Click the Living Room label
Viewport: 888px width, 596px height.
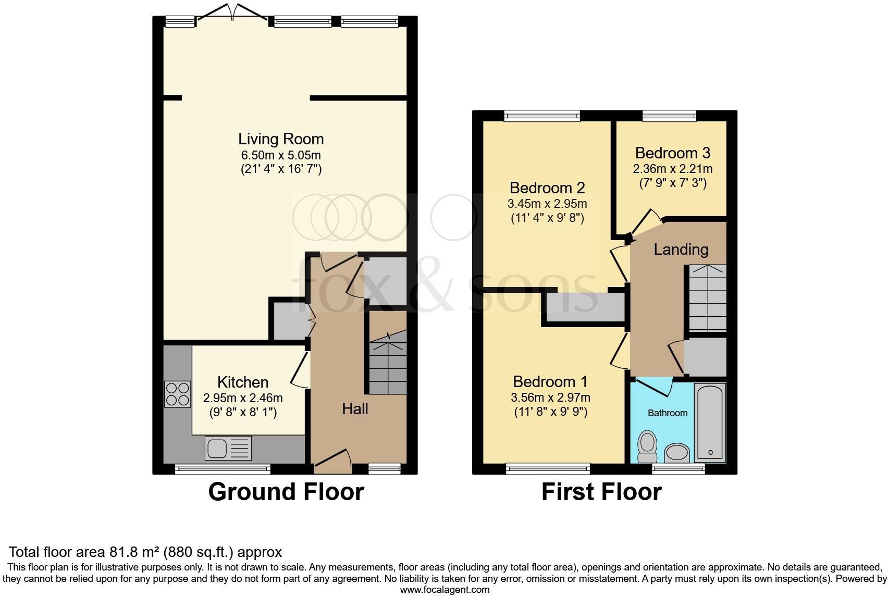click(x=281, y=139)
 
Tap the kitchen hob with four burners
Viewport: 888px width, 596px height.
click(x=177, y=394)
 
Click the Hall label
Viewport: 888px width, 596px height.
click(x=355, y=408)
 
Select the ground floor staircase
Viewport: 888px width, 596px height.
click(x=388, y=365)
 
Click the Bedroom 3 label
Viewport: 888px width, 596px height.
click(x=672, y=153)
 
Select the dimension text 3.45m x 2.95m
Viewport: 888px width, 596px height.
click(x=547, y=203)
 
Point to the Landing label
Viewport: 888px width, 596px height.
click(x=681, y=250)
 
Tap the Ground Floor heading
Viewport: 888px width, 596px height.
click(x=286, y=492)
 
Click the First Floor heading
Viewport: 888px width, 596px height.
click(x=601, y=492)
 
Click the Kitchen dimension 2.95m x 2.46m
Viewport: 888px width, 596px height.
click(x=242, y=399)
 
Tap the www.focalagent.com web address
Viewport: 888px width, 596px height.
click(x=445, y=590)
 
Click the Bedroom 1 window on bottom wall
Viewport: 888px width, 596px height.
click(x=548, y=469)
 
